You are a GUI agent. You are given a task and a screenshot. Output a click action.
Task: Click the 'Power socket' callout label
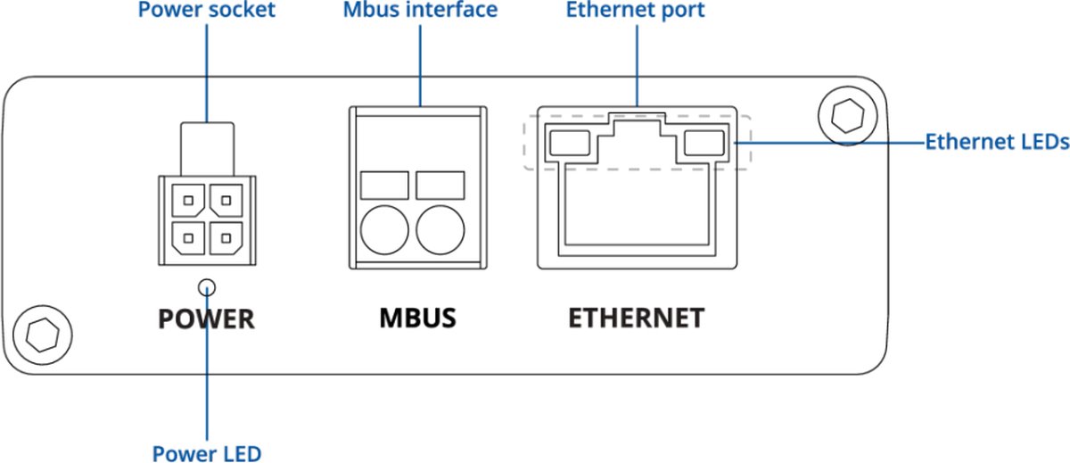point(206,12)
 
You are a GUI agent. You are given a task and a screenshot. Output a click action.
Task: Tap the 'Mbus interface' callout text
point(420,12)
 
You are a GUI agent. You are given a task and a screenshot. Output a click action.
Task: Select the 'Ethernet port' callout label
point(636,12)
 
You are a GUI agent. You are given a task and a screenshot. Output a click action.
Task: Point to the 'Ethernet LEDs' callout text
point(996,142)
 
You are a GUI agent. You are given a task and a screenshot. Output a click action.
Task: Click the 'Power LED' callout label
point(206,453)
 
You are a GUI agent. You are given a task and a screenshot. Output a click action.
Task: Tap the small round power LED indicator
point(207,286)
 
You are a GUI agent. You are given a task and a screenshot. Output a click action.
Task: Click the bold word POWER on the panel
point(206,318)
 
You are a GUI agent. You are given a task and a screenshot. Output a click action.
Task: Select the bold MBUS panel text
point(417,318)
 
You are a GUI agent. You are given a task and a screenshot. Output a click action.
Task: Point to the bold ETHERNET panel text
point(636,318)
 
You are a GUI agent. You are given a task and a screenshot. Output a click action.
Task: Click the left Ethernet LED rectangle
point(572,142)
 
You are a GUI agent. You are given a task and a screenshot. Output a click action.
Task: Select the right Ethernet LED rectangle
point(704,142)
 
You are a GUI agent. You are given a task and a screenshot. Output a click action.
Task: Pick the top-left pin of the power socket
point(187,200)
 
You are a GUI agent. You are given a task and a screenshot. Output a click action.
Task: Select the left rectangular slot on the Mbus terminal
point(384,186)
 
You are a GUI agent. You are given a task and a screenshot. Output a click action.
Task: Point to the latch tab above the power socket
point(207,147)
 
